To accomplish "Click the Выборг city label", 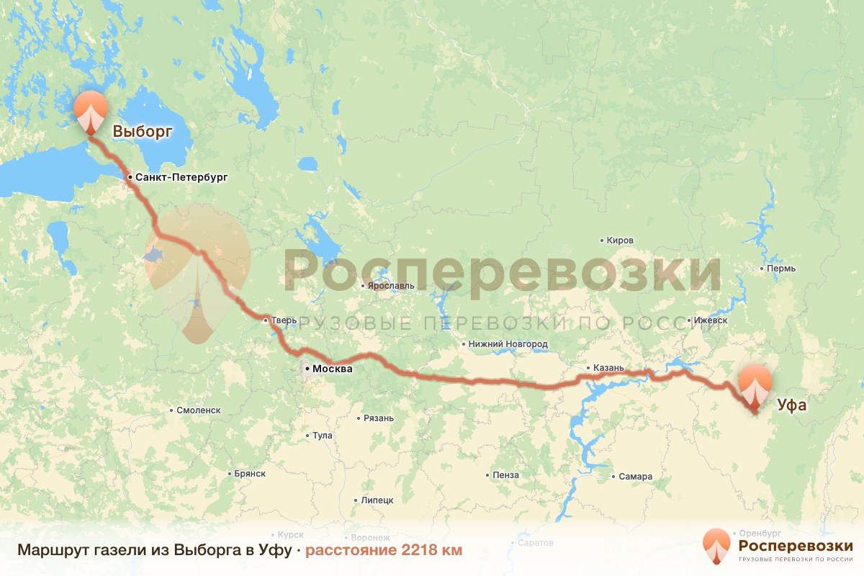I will (x=143, y=132).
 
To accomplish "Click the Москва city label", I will (x=331, y=369).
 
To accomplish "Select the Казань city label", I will (x=608, y=368).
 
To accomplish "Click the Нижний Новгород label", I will (x=508, y=344).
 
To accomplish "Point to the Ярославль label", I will (x=391, y=285).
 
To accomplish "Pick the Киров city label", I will (x=620, y=240).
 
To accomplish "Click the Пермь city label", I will (x=781, y=269).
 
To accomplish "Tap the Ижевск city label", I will (x=710, y=320).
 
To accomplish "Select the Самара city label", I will (x=635, y=477).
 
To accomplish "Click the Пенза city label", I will (x=506, y=475).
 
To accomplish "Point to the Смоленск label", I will (x=198, y=410).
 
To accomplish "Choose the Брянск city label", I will (x=250, y=474).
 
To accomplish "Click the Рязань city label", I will (x=379, y=418).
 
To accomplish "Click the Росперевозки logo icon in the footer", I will (x=716, y=545).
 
